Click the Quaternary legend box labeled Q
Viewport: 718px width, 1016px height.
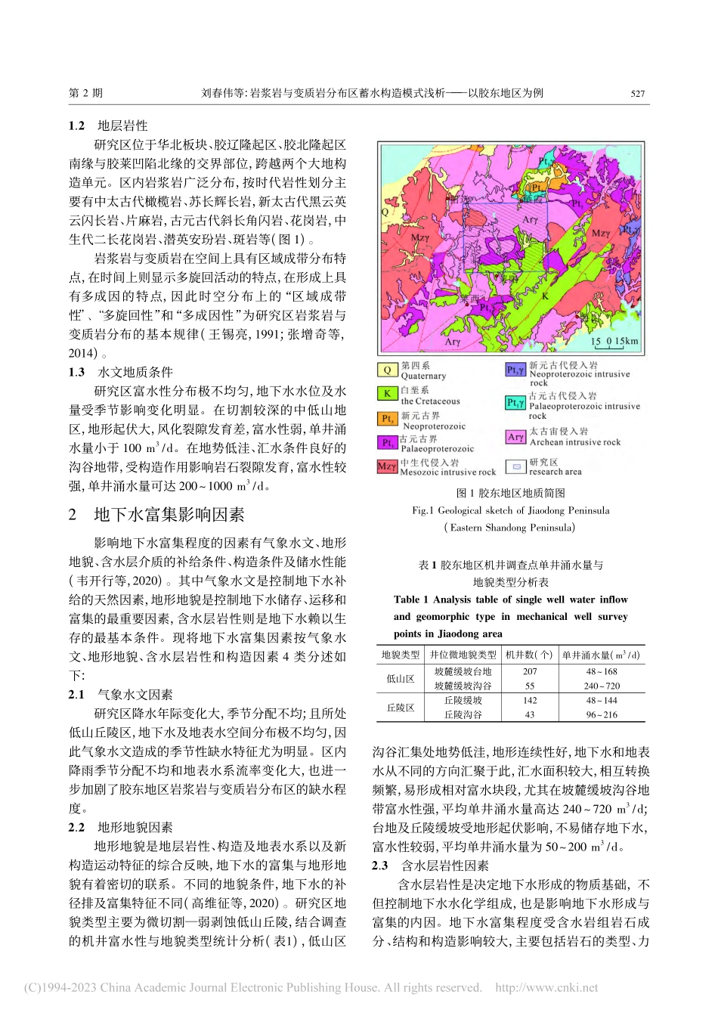coord(387,370)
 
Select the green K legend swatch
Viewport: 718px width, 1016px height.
coord(387,394)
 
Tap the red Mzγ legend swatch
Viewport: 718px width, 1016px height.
coord(387,466)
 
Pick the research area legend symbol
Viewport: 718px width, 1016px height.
coord(516,466)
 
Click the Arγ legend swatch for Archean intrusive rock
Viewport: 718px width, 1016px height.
coord(516,437)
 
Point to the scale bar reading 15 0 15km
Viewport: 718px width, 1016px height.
coord(614,342)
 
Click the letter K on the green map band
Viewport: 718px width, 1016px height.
coord(545,296)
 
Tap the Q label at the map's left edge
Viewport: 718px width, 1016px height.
coord(385,214)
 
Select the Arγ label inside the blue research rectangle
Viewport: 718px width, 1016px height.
coord(531,221)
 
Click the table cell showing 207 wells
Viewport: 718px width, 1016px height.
coord(530,671)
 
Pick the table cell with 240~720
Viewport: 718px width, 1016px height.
coord(602,686)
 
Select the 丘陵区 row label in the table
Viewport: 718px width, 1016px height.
coord(401,708)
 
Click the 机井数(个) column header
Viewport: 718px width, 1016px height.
coord(529,655)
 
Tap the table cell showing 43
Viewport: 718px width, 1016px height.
coord(530,714)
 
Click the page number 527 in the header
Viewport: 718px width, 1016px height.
coord(638,94)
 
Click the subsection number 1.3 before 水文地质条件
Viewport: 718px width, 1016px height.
coord(76,372)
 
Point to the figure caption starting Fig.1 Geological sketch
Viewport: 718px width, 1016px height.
coord(510,510)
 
